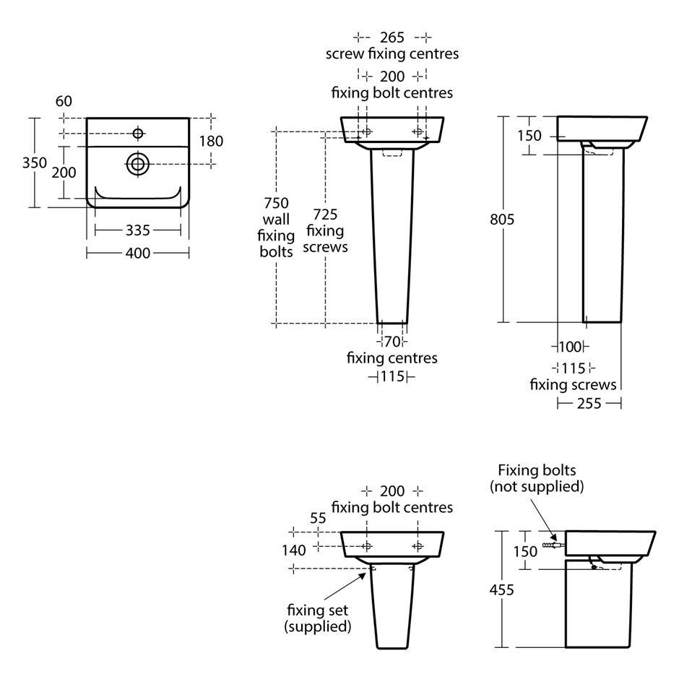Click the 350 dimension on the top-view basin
34,163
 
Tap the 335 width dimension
138,230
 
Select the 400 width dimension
138,253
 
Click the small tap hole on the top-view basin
138,134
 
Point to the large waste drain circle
138,164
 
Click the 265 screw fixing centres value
392,38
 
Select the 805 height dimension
502,220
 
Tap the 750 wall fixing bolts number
276,203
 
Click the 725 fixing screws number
325,215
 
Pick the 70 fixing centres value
392,342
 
